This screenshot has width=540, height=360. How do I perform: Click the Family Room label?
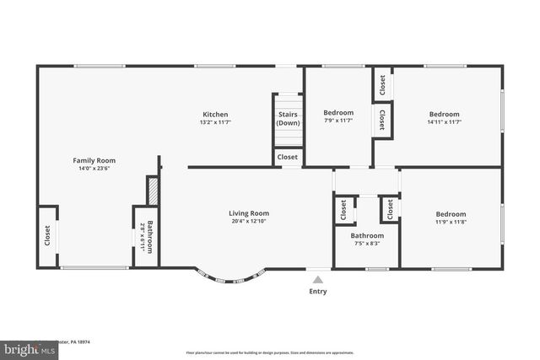pos(94,160)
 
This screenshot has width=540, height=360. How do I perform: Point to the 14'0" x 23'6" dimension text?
pos(94,169)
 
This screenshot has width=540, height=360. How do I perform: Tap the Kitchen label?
pos(214,115)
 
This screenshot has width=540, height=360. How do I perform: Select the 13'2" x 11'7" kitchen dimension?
pos(214,123)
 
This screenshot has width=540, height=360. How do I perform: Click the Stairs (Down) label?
pos(288,118)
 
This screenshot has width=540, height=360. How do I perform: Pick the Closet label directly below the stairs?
pos(288,157)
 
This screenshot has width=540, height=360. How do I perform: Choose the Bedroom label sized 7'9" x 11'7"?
pos(338,113)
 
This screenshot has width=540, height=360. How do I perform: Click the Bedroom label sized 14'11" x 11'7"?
pos(444,115)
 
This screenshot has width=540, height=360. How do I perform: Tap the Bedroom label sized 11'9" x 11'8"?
pos(451,213)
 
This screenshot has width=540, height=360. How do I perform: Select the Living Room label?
pos(249,213)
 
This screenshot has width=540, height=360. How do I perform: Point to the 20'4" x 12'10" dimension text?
pos(249,222)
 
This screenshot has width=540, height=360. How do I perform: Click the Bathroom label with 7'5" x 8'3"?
pos(367,236)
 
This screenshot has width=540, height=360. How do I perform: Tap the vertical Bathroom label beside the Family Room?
pos(150,237)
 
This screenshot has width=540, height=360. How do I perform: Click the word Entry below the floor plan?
pos(317,292)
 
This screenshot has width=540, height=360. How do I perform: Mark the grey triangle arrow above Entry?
pos(317,279)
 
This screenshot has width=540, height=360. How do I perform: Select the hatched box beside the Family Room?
pos(153,189)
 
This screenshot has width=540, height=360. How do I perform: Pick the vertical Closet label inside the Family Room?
pos(47,235)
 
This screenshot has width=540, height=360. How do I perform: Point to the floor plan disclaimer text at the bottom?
pos(269,352)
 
